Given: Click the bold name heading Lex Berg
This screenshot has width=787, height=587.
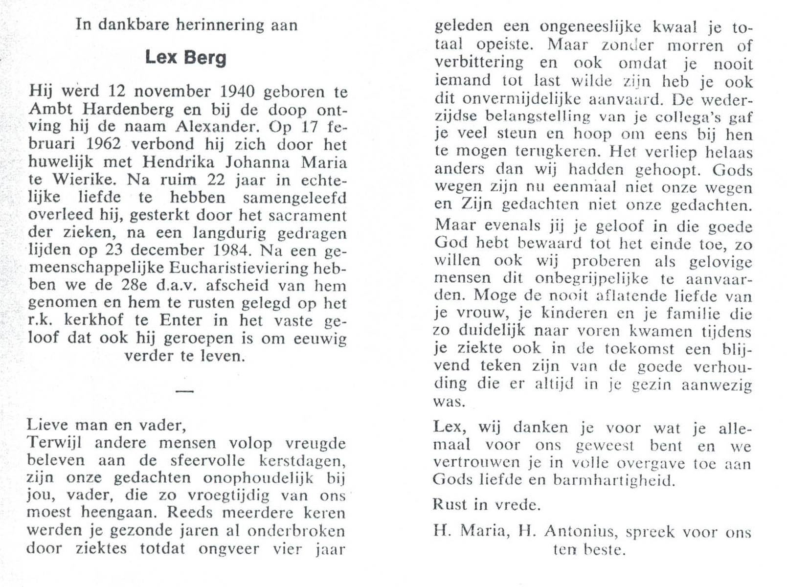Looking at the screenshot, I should click(186, 58).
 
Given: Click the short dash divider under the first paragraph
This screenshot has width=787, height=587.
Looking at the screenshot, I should click(184, 391).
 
